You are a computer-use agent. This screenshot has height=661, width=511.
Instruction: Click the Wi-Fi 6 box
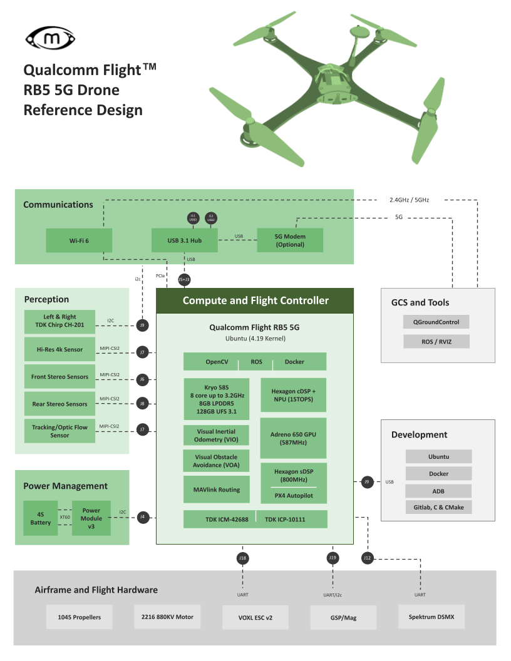click(x=79, y=240)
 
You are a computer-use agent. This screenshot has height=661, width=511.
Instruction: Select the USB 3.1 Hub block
click(x=185, y=240)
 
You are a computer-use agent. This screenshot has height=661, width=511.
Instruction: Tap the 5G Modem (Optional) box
click(x=290, y=240)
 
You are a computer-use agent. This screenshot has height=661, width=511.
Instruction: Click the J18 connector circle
click(x=242, y=557)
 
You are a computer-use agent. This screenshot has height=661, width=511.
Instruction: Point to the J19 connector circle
click(x=333, y=557)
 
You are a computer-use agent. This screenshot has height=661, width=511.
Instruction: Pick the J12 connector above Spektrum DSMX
click(x=368, y=557)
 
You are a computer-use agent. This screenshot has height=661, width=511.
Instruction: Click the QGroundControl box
click(x=436, y=322)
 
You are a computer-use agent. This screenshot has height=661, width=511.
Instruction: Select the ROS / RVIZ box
click(x=436, y=342)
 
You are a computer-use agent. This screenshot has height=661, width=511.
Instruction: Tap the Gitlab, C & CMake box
click(x=438, y=507)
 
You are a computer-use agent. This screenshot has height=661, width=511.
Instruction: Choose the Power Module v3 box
click(x=91, y=518)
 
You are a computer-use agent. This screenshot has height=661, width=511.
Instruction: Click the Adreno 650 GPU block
click(x=293, y=438)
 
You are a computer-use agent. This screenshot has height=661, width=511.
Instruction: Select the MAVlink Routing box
click(x=217, y=489)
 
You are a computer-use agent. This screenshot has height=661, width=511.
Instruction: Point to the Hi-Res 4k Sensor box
click(x=59, y=349)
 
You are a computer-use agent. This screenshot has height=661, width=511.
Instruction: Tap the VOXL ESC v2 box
click(x=255, y=617)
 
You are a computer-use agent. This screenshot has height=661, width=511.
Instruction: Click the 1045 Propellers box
click(x=80, y=617)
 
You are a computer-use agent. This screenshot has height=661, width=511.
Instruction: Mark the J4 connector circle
click(x=143, y=517)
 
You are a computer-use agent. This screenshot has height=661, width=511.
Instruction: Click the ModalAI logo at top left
click(x=50, y=39)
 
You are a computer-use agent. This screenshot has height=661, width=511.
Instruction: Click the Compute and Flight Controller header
click(x=255, y=300)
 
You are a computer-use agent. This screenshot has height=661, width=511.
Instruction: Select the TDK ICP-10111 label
click(x=291, y=520)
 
